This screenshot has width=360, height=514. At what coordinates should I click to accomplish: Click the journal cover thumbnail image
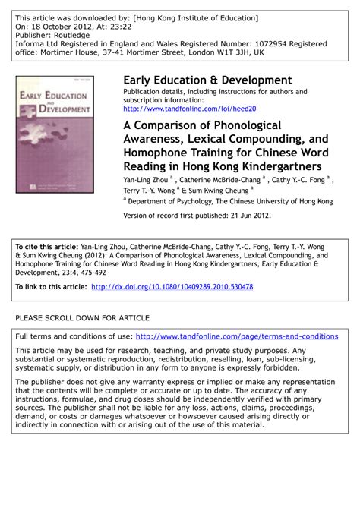(x=43, y=133)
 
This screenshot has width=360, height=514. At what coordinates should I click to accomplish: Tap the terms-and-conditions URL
(x=236, y=336)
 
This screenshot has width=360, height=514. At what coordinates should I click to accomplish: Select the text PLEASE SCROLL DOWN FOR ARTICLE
(x=82, y=317)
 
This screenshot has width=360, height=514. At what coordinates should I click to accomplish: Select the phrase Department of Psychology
(x=174, y=202)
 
